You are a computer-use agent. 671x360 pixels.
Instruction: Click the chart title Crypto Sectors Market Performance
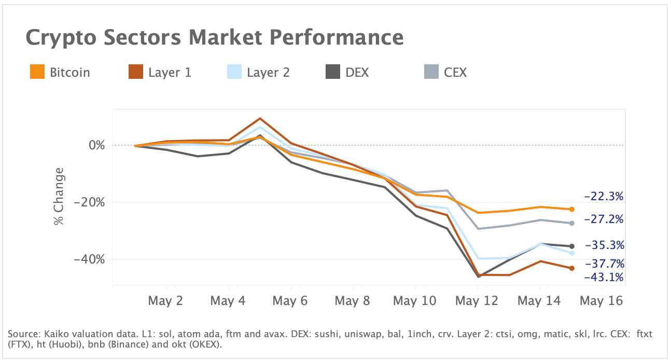pyautogui.click(x=214, y=37)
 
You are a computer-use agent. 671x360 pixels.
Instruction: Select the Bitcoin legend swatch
pyautogui.click(x=37, y=72)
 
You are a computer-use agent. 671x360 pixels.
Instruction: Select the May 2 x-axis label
pyautogui.click(x=166, y=301)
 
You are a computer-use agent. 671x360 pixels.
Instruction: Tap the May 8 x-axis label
pyautogui.click(x=353, y=301)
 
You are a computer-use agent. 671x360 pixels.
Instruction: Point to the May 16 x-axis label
pyautogui.click(x=601, y=301)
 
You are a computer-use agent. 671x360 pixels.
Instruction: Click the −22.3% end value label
pyautogui.click(x=603, y=197)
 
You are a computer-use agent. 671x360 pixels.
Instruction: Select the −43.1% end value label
pyautogui.click(x=603, y=278)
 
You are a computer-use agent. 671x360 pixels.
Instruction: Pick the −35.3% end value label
pyautogui.click(x=604, y=245)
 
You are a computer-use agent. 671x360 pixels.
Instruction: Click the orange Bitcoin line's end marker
pyautogui.click(x=572, y=210)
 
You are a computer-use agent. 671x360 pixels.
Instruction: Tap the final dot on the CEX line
pyautogui.click(x=572, y=223)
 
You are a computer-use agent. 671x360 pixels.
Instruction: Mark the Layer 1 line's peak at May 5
pyautogui.click(x=260, y=119)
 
